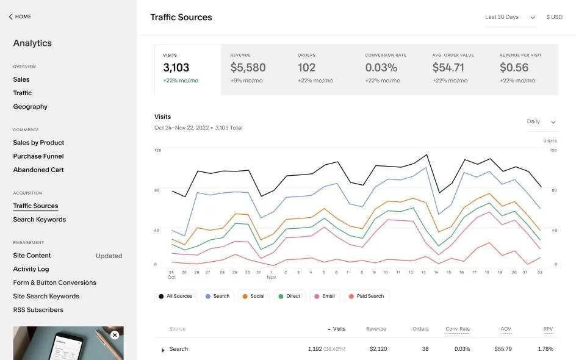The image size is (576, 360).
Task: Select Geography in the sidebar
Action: [31, 107]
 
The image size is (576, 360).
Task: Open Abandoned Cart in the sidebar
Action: [38, 170]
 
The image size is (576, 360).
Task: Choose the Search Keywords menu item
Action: [40, 220]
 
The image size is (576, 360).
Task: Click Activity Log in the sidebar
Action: [31, 269]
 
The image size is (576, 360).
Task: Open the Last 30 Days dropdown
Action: [510, 17]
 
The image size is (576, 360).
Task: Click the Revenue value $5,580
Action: [248, 68]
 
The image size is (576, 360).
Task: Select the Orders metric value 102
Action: [306, 68]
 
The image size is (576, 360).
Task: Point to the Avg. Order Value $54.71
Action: [448, 68]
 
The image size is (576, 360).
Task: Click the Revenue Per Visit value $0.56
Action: [514, 68]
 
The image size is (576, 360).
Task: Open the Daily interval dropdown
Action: [541, 122]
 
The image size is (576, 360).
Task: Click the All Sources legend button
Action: [175, 296]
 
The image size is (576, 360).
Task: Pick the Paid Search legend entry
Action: [366, 296]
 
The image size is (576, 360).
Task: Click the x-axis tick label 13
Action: [423, 272]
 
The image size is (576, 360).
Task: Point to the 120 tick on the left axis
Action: [157, 150]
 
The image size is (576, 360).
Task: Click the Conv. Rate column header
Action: [458, 329]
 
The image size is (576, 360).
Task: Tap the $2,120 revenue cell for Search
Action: [378, 349]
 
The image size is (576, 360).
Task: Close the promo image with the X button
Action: [115, 335]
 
